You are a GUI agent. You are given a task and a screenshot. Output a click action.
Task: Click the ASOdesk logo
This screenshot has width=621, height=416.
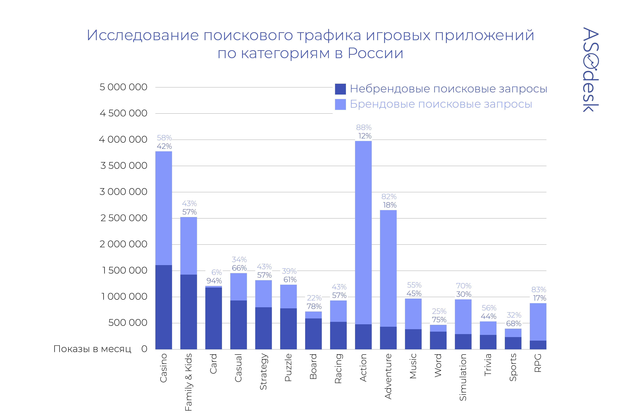coord(590,70)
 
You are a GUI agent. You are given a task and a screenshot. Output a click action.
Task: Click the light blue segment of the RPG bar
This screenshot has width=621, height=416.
coord(538,322)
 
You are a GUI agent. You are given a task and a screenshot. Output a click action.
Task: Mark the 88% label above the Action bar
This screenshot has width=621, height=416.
coord(364,128)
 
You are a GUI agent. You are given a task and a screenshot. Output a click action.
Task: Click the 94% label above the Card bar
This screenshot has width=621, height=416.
coord(214,281)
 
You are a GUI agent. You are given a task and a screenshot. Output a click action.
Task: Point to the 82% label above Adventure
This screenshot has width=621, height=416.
coord(389,197)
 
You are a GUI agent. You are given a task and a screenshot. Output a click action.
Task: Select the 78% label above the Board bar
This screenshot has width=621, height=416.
coord(314,306)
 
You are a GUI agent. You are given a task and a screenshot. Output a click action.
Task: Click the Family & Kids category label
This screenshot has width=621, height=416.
coord(188,382)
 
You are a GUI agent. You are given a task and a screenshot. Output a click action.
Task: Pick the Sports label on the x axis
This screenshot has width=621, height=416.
coord(513,367)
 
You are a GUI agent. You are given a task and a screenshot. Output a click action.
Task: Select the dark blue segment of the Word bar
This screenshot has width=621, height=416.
coord(438,340)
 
